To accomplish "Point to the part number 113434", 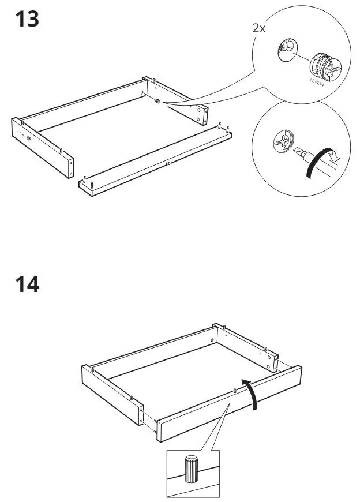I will pyautogui.click(x=315, y=83).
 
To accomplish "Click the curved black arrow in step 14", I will pyautogui.click(x=250, y=392).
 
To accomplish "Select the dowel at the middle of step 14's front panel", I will pyautogui.click(x=235, y=391).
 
